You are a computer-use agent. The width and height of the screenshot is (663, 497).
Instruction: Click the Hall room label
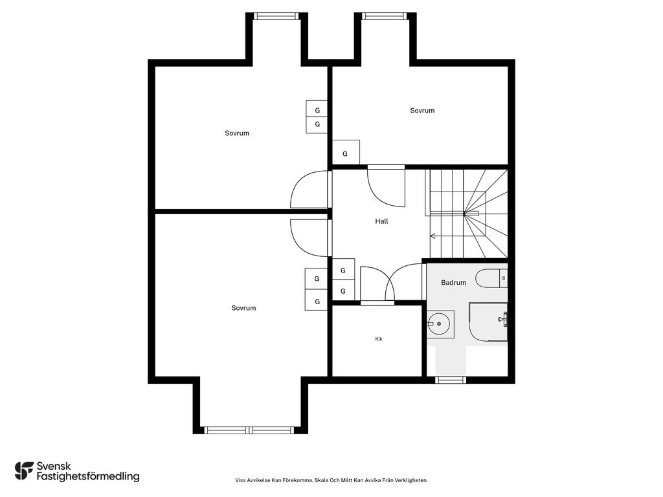click(x=381, y=221)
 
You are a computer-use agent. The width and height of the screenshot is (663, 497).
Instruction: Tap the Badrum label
click(x=453, y=282)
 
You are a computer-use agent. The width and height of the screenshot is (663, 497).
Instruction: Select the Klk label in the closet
click(x=378, y=339)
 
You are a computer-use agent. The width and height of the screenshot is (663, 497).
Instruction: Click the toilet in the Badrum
click(x=491, y=278)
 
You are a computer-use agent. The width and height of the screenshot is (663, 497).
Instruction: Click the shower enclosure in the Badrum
click(x=488, y=322)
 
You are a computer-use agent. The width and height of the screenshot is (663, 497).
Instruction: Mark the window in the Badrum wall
click(x=451, y=380)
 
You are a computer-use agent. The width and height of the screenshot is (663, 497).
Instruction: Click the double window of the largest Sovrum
click(x=249, y=430)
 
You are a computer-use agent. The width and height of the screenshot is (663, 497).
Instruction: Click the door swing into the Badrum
click(x=404, y=282)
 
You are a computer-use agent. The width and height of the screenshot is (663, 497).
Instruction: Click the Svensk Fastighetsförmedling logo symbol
click(x=24, y=471)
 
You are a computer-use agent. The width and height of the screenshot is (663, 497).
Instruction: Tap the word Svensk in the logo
click(x=54, y=466)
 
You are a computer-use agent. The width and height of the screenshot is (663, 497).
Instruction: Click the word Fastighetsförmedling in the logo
click(x=88, y=477)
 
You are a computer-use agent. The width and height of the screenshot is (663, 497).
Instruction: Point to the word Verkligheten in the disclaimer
click(x=412, y=480)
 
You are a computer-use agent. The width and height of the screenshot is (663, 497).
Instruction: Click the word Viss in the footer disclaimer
click(x=240, y=480)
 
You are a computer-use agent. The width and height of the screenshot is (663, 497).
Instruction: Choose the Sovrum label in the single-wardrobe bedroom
click(x=422, y=110)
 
